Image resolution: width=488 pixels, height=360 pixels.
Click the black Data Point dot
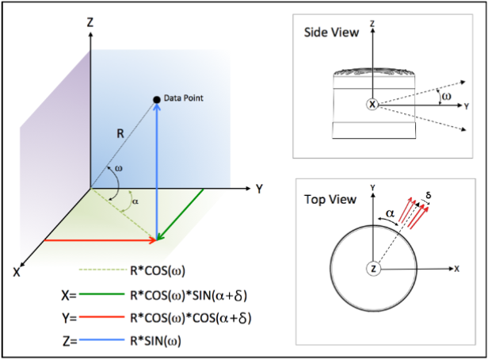point(157,98)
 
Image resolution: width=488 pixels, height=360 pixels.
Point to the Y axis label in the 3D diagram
point(259,189)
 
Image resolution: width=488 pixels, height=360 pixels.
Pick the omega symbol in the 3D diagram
point(119,168)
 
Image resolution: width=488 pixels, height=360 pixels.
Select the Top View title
point(328,199)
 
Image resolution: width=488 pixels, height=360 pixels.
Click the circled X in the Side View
point(372,104)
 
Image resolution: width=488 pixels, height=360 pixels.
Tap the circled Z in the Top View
point(372,270)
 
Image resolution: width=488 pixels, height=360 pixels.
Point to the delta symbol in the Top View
point(429,193)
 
